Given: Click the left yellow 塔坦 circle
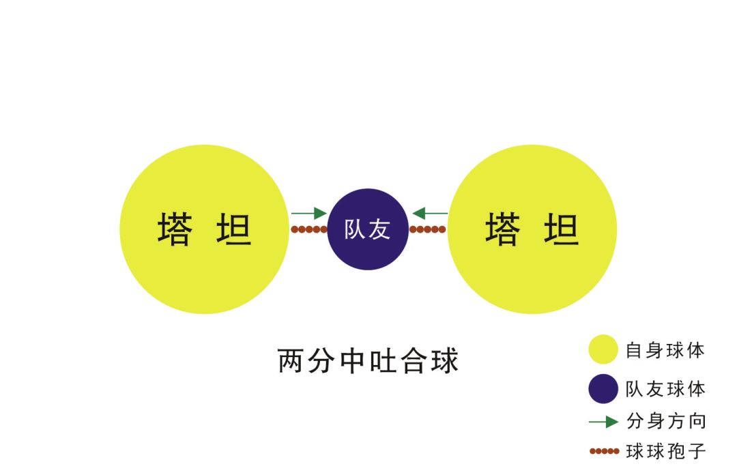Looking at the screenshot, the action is pos(205,229).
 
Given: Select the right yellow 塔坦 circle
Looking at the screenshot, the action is pos(532,229).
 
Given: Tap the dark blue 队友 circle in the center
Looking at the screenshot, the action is pos(368,229).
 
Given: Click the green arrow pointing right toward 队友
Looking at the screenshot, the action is pos(309,213).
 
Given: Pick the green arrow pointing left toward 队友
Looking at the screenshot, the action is pos(430,213).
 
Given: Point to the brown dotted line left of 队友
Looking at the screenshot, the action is pos(309,229).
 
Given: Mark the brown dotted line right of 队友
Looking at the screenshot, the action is pos(428,229).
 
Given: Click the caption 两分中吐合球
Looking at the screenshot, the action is pos(368,361).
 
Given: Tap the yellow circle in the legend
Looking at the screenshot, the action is pos(603,349).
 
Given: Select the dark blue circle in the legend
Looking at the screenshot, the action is pos(603,389).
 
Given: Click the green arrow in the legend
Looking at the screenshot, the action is pos(603,422).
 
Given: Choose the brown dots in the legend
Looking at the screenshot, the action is pos(605,451).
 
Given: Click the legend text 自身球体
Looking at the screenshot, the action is pos(665,350).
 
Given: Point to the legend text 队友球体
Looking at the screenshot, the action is pos(665,390).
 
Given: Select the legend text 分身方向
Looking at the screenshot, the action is pos(666,421).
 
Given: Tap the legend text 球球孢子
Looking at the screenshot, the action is pos(666,452).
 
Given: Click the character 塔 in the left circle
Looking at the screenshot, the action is pos(175,229).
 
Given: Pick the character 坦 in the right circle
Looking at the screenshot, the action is pos(561,229).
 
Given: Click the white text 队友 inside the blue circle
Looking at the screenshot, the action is pos(367,229).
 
